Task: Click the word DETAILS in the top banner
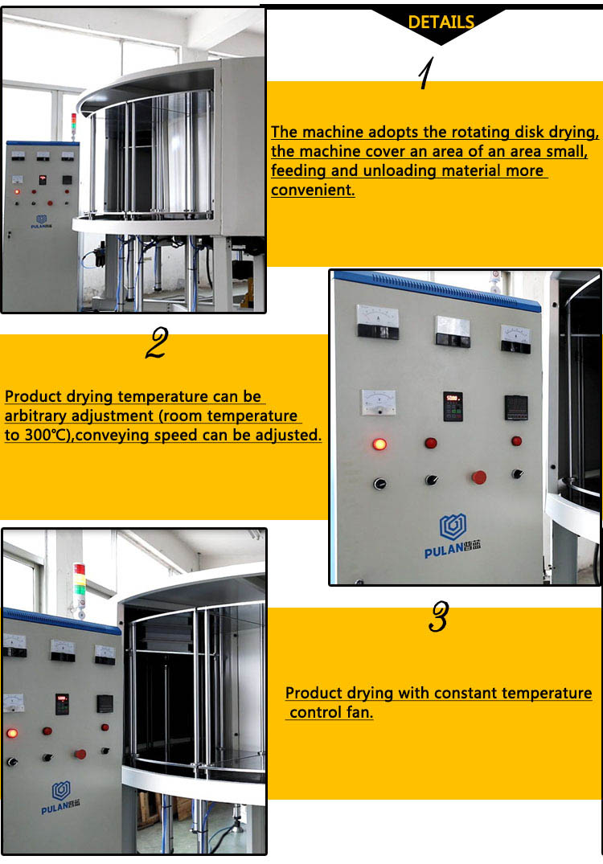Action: pyautogui.click(x=441, y=23)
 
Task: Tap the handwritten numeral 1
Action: pyautogui.click(x=426, y=74)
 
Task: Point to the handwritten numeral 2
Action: pyautogui.click(x=156, y=343)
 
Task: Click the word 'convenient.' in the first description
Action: pyautogui.click(x=313, y=190)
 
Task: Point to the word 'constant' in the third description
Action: pyautogui.click(x=463, y=693)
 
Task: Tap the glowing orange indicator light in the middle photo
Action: pyautogui.click(x=379, y=444)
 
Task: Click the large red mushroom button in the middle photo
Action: pyautogui.click(x=479, y=477)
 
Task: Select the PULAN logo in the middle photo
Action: pyautogui.click(x=453, y=536)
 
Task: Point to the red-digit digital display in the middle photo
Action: pyautogui.click(x=453, y=406)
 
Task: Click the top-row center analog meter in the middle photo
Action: pyautogui.click(x=453, y=330)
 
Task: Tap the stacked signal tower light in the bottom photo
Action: pyautogui.click(x=79, y=579)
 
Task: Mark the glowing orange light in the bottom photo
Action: pyautogui.click(x=12, y=733)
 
